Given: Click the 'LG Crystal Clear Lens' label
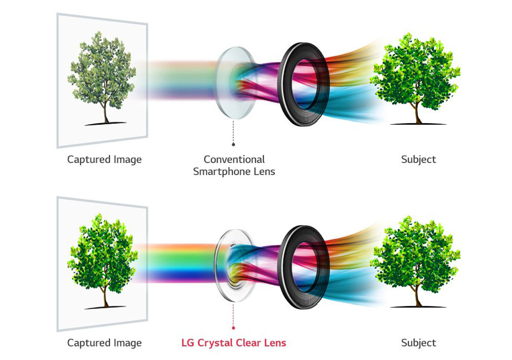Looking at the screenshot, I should [x=234, y=342].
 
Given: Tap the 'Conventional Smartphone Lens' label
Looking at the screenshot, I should [x=234, y=166].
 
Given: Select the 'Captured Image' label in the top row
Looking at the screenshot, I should [x=105, y=160].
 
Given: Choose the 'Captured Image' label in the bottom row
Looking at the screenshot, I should [x=105, y=342].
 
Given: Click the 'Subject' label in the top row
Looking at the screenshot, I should [x=419, y=160].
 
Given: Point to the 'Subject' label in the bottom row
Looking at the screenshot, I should [x=419, y=342].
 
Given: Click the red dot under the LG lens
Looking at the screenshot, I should [x=233, y=328].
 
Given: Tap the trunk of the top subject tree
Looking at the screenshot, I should [x=417, y=113].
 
